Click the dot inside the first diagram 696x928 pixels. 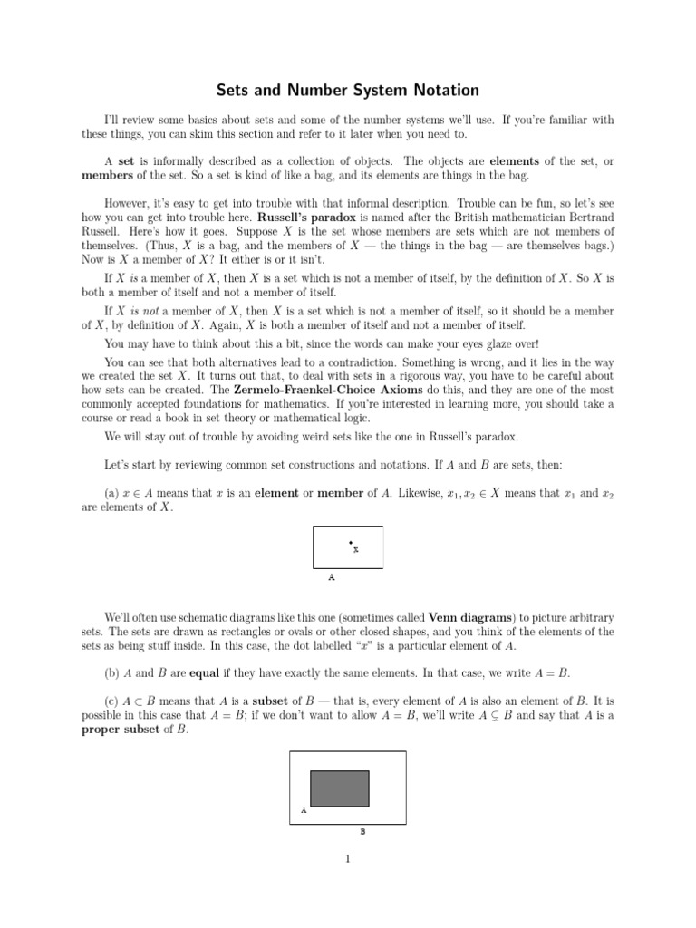[x=350, y=543]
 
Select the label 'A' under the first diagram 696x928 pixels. [x=332, y=575]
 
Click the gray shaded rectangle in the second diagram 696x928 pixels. [x=340, y=788]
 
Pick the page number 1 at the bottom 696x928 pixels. [x=348, y=860]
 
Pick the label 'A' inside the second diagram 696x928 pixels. [x=303, y=811]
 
